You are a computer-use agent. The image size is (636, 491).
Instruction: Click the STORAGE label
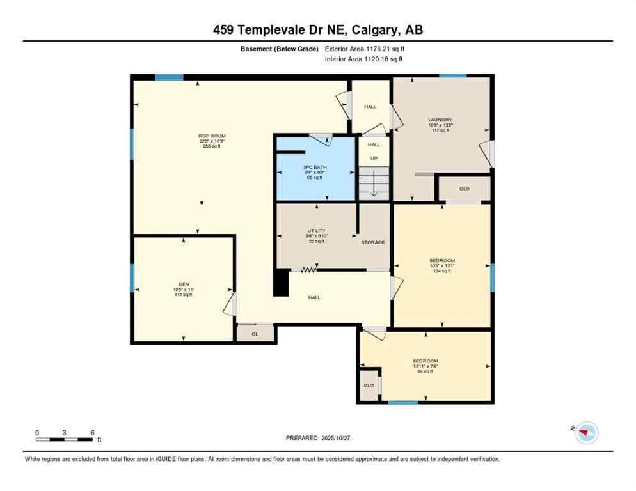coord(372,242)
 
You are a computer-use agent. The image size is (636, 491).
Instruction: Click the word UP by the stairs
coord(374,158)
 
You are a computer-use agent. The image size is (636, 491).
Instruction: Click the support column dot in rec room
coord(202,203)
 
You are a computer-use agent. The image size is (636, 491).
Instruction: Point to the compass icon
coord(585,433)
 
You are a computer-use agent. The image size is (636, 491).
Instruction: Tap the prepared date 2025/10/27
coord(318,438)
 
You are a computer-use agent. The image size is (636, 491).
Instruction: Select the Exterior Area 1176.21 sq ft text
coord(365,48)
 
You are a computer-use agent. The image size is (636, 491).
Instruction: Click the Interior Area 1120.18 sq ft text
coord(363,59)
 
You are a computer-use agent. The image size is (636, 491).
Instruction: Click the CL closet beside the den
coord(255,333)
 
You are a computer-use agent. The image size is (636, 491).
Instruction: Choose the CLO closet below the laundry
coord(465,189)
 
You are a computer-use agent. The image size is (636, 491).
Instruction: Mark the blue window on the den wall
coord(132,277)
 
